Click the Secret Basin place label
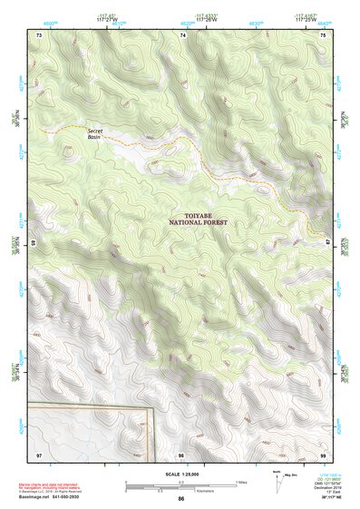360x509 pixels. [x=96, y=134]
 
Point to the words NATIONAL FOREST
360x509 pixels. [x=197, y=222]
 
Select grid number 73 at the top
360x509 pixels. [x=39, y=34]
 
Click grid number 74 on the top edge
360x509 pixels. [x=183, y=34]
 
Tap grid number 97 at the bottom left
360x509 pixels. [x=38, y=454]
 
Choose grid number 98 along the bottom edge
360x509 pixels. [x=181, y=454]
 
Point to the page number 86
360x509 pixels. [x=181, y=499]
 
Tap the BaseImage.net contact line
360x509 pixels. [x=56, y=497]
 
